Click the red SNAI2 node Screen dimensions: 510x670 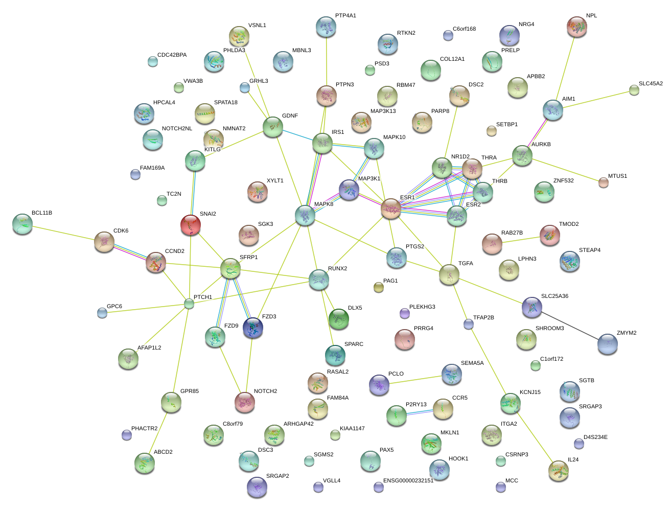191,224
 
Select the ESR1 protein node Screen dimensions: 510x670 391,208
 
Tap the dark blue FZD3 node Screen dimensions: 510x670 253,328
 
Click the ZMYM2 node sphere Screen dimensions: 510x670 607,344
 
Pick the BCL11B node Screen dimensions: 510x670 22,224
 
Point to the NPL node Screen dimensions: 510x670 577,27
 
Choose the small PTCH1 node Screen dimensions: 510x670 189,304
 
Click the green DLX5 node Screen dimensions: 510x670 339,319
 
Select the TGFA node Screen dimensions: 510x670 449,274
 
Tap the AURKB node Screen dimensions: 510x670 522,156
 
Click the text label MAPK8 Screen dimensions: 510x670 324,204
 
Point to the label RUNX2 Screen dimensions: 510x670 337,269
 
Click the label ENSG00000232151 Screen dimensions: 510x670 408,481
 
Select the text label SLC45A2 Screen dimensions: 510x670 650,84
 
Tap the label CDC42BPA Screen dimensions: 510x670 172,55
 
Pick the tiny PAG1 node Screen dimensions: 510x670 378,287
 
